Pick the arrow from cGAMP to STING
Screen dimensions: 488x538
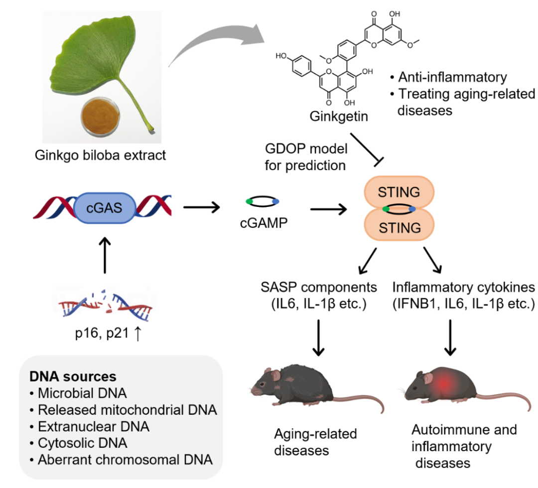[x=328, y=208]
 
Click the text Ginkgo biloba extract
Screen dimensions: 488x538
[x=100, y=156]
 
